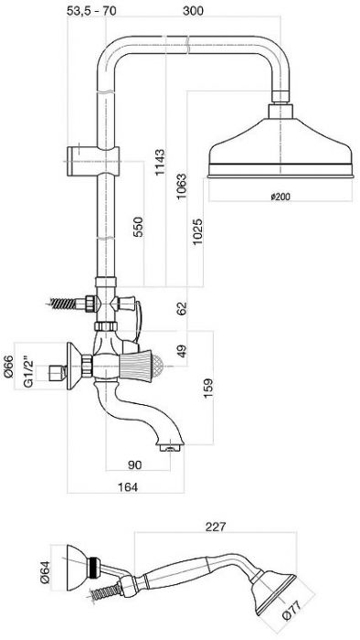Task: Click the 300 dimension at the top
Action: (x=193, y=10)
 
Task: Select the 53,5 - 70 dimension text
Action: (x=91, y=10)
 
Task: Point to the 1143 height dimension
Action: (x=160, y=163)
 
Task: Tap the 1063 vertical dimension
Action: (x=182, y=187)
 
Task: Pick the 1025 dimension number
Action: (x=197, y=231)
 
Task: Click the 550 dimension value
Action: (x=138, y=228)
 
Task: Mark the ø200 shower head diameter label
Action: (x=281, y=197)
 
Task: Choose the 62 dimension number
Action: (x=182, y=308)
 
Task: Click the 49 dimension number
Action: (x=182, y=350)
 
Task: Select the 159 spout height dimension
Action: (x=207, y=389)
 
